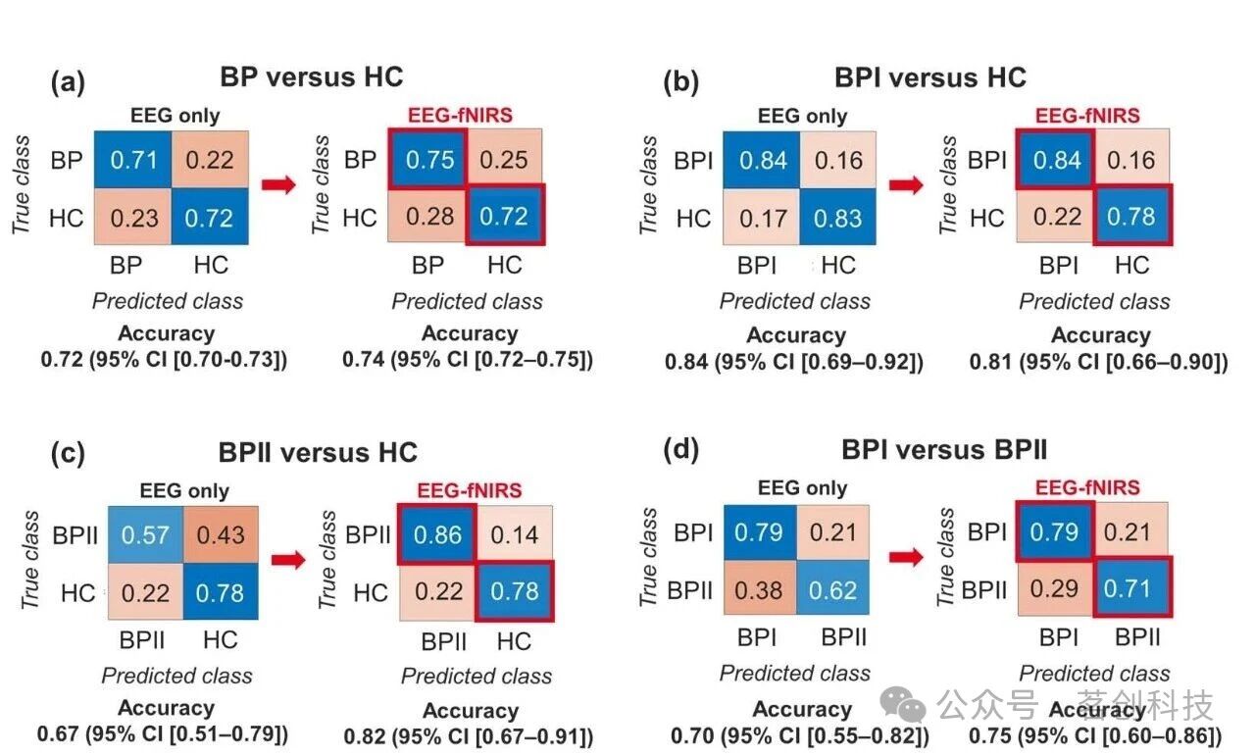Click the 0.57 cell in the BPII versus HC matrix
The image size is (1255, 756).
(x=146, y=534)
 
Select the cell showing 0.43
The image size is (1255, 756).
(x=221, y=534)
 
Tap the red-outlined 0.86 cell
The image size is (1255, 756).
(x=437, y=534)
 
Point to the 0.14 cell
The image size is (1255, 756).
(x=515, y=534)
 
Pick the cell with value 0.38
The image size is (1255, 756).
(x=759, y=589)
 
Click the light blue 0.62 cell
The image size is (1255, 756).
(x=832, y=589)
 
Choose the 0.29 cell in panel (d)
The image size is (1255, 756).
(x=1054, y=588)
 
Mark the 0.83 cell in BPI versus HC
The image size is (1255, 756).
(x=837, y=218)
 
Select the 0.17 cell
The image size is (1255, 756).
(x=762, y=218)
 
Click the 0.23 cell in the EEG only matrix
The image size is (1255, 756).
(x=132, y=218)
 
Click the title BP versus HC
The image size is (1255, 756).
(x=311, y=76)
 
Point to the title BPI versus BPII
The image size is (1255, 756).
(x=944, y=449)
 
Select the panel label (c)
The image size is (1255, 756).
(x=68, y=452)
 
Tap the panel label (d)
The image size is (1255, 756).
(x=680, y=449)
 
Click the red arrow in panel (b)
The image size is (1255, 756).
(x=906, y=184)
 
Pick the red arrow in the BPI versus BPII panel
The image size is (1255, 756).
(x=906, y=557)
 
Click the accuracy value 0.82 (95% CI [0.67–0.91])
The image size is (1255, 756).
(x=469, y=735)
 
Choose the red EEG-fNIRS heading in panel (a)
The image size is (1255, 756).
(x=460, y=115)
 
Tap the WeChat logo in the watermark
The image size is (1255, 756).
(x=903, y=704)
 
